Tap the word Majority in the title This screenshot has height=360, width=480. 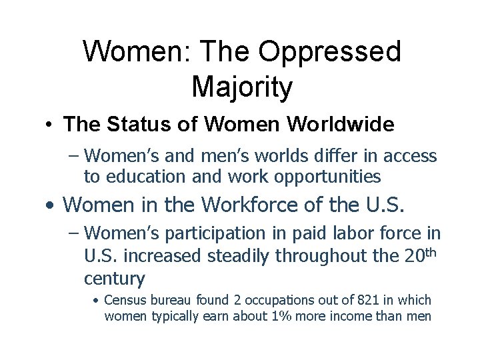pos(241,87)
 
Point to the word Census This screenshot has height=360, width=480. pos(126,301)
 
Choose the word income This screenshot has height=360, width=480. pos(371,316)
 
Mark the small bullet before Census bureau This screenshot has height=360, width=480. pos(97,301)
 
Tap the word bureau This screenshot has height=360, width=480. pos(170,301)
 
